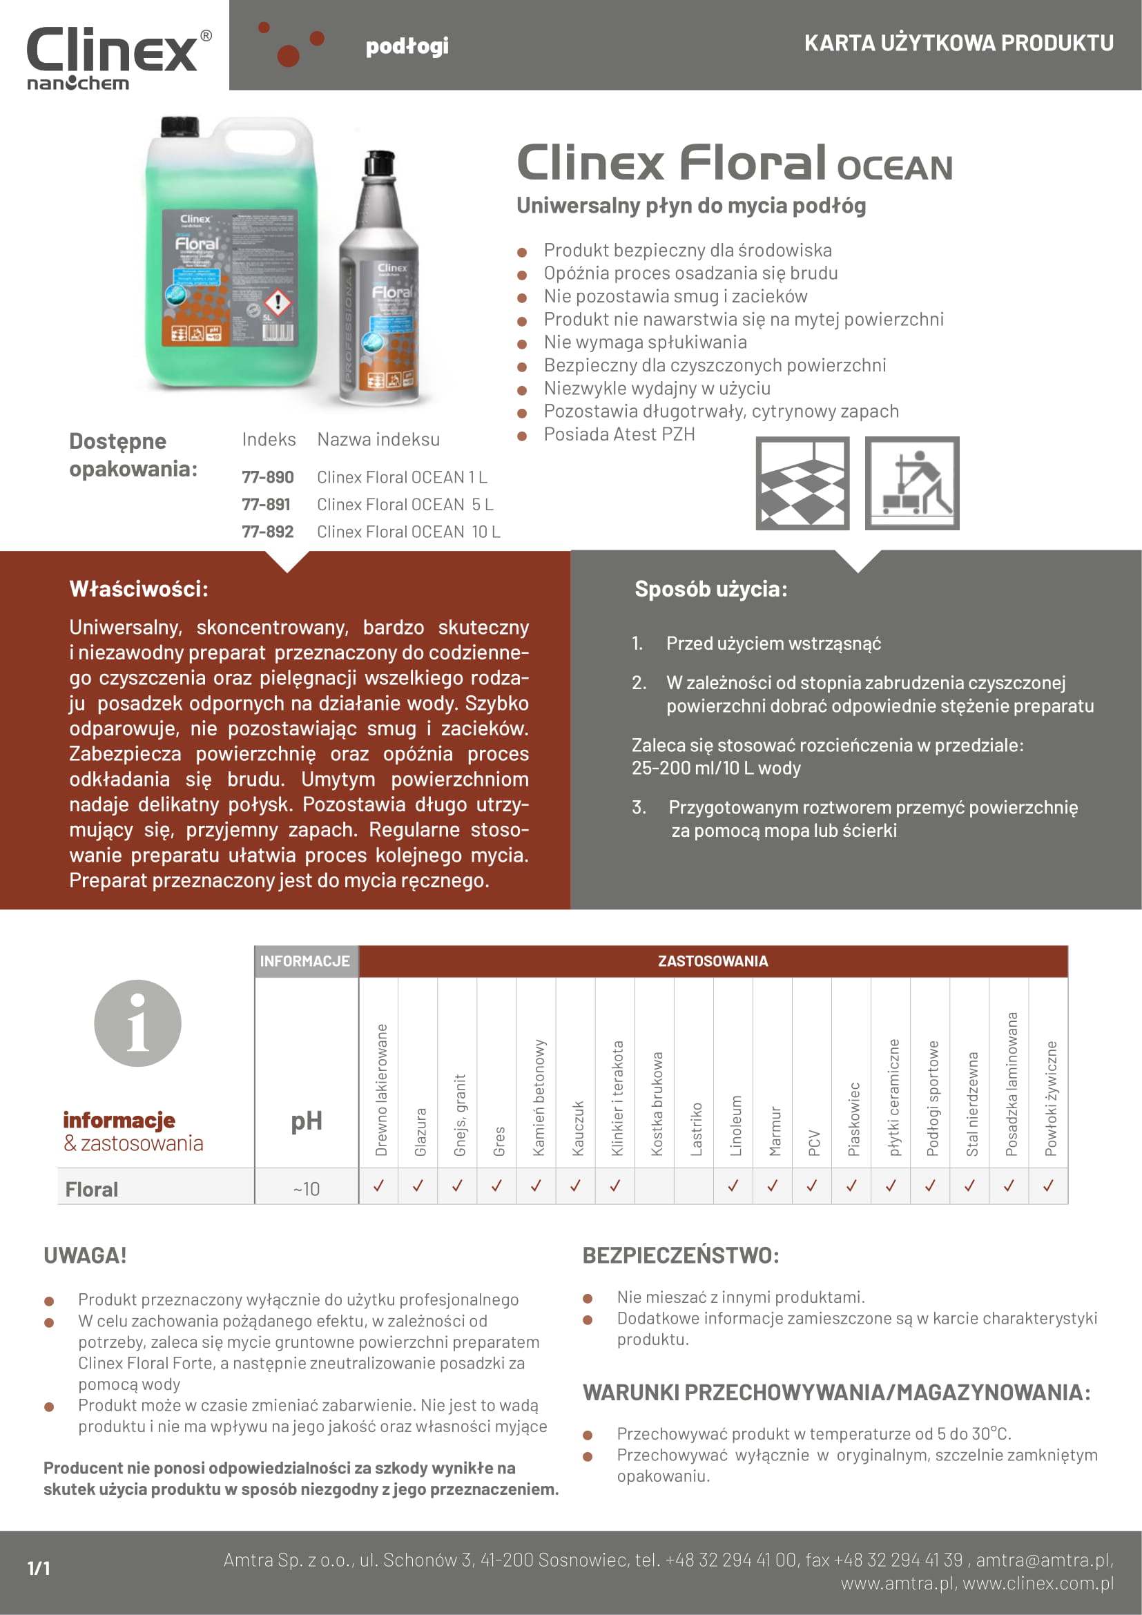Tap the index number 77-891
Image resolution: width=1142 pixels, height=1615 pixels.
click(x=266, y=504)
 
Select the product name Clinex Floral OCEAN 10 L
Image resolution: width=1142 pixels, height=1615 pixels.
click(x=408, y=532)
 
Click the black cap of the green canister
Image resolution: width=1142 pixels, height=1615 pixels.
click(x=180, y=126)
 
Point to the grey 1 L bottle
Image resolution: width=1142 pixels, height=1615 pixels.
click(x=380, y=281)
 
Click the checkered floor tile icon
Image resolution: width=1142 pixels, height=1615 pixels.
click(x=802, y=483)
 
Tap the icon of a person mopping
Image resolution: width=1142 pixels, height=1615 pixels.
click(x=911, y=483)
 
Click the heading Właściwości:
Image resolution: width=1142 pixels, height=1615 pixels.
click(x=139, y=589)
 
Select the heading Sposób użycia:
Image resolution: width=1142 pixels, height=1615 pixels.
click(x=710, y=589)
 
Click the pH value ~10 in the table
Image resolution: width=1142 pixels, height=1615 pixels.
click(x=306, y=1189)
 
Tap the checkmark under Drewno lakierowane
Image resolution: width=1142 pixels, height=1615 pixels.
click(x=378, y=1186)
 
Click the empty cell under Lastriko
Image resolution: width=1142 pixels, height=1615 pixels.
click(x=693, y=1186)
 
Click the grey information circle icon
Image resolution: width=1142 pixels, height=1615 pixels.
click(x=138, y=1023)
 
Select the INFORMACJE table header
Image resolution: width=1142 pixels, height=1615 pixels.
click(x=305, y=961)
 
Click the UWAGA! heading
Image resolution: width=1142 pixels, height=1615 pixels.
click(x=85, y=1255)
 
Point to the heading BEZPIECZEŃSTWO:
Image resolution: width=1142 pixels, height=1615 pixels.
click(x=680, y=1255)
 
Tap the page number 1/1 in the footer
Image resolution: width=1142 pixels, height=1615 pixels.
click(x=39, y=1568)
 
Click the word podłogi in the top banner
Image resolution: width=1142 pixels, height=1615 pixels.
click(x=407, y=46)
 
